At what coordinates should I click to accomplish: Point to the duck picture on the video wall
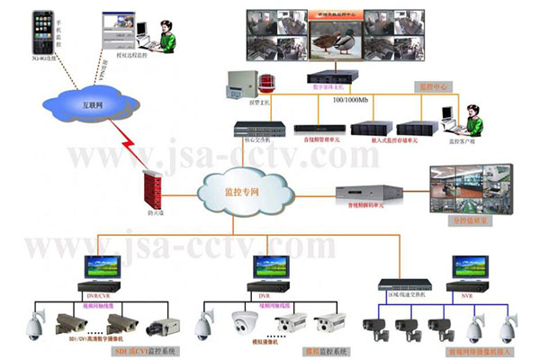pos(333,40)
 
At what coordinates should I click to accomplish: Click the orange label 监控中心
pos(436,87)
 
